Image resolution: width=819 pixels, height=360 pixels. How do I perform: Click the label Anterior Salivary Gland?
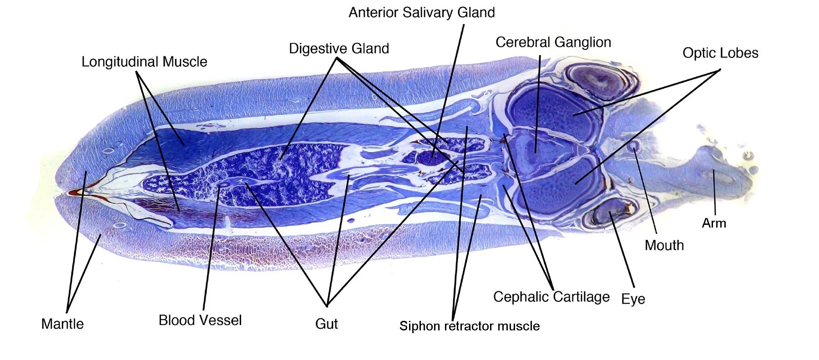421,12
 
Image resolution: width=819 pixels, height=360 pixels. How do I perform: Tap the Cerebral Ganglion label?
553,42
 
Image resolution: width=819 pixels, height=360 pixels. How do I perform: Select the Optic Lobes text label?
720,53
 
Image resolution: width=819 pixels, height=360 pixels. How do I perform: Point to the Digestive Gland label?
339,49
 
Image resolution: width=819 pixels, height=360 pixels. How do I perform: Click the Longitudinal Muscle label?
144,62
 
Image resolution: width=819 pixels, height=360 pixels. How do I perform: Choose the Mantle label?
62,324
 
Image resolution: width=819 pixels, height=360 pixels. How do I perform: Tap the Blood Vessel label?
200,320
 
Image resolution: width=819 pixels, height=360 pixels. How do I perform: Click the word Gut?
326,324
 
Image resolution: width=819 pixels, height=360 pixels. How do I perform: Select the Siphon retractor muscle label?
469,326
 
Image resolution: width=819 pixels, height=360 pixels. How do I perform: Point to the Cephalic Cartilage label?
551,297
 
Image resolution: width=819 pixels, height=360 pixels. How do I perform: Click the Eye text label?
633,299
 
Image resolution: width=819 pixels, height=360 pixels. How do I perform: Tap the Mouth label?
664,245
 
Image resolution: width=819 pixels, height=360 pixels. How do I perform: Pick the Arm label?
713,223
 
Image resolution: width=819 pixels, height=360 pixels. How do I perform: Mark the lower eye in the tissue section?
607,212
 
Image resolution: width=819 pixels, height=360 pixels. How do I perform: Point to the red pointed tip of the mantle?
75,193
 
